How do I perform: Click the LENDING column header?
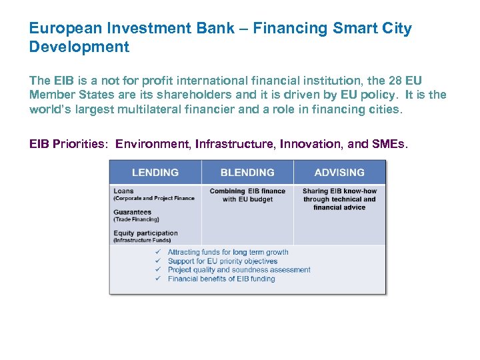tap(156, 173)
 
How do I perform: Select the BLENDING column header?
tap(247, 173)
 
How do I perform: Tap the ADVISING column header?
tap(339, 173)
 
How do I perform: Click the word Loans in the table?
tap(123, 191)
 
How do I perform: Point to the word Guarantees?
tap(133, 212)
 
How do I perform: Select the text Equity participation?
tap(145, 233)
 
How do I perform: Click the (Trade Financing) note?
tap(136, 219)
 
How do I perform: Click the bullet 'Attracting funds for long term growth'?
tap(228, 253)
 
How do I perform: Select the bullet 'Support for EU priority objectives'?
tap(223, 261)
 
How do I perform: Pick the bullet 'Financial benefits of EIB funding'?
tap(221, 279)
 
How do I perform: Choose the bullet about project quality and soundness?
tap(239, 270)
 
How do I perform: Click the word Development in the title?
tap(79, 47)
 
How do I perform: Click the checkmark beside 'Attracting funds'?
tap(158, 253)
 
